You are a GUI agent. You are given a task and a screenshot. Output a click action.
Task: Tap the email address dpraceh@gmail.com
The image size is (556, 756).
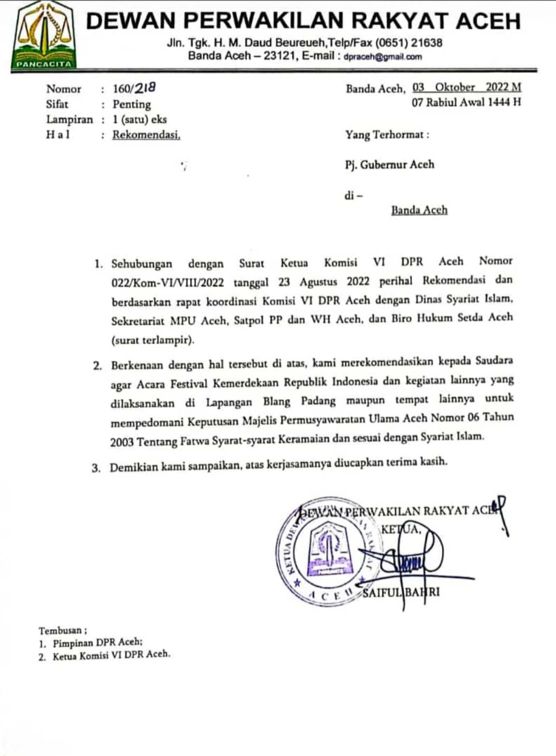click(382, 57)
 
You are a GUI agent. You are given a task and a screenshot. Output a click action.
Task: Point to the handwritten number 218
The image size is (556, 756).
click(145, 88)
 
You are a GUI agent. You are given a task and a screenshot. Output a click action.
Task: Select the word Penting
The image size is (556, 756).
click(132, 104)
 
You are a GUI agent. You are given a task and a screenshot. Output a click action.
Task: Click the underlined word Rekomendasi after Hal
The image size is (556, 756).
click(146, 134)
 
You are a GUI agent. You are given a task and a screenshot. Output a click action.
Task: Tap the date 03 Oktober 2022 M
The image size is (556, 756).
click(466, 88)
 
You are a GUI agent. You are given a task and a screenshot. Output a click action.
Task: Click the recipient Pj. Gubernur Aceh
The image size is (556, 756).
click(389, 164)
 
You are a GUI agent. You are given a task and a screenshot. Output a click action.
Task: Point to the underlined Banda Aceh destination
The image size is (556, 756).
click(419, 210)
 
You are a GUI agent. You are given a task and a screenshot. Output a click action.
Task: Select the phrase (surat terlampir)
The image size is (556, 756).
click(153, 340)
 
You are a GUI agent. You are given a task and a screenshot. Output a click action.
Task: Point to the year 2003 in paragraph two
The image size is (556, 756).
click(122, 442)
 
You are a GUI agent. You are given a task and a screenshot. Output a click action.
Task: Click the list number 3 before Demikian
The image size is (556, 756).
click(96, 468)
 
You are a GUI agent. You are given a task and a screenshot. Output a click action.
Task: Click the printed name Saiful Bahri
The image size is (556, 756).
click(402, 593)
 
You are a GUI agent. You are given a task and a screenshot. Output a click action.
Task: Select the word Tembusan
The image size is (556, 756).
click(61, 631)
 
